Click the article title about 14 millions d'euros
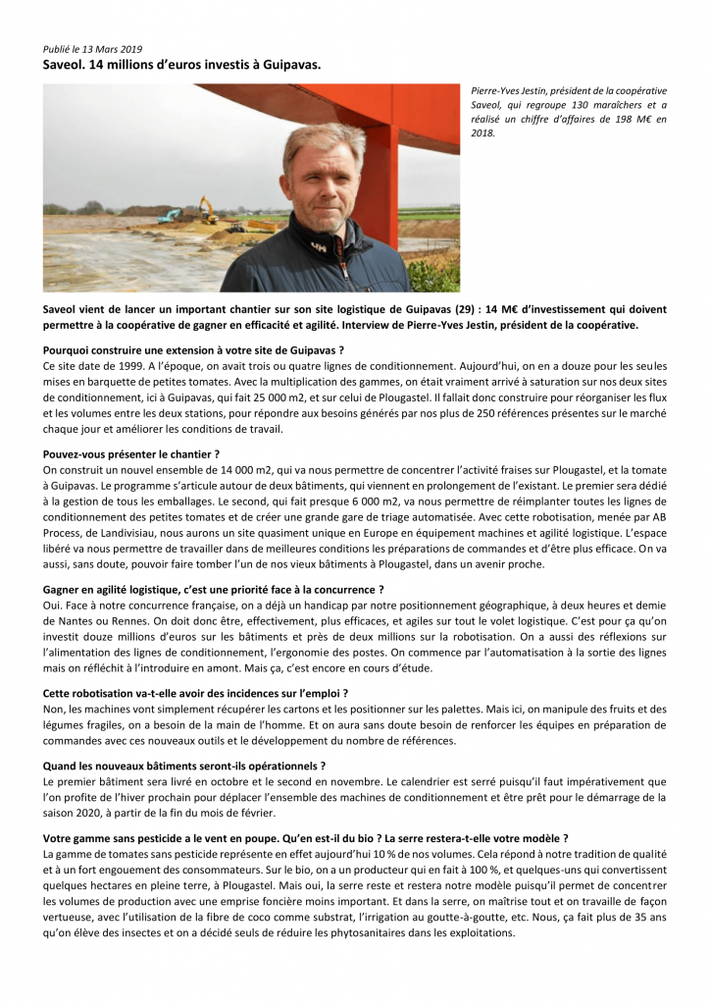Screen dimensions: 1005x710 (181, 64)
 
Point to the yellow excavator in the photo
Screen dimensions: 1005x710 (208, 208)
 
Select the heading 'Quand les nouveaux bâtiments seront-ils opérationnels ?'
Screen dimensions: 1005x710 (184, 765)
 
